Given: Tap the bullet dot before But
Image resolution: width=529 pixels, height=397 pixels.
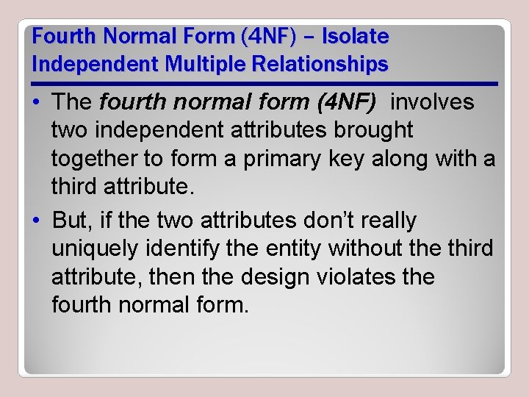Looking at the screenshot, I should (37, 221).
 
